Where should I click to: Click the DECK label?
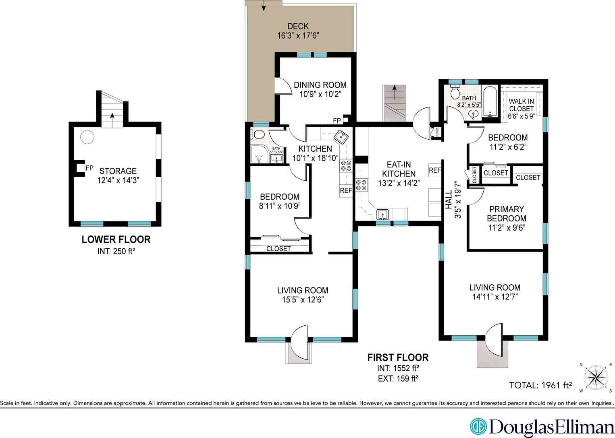point(298,27)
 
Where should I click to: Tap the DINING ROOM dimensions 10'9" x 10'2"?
point(320,95)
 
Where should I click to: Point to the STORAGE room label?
point(118,171)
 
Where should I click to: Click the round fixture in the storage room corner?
point(87,137)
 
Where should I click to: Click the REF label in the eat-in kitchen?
point(434,170)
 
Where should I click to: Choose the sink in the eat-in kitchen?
point(382,214)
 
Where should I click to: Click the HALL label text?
point(449,200)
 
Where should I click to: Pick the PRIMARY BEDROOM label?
point(506,214)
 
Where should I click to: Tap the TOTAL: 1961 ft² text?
point(540,385)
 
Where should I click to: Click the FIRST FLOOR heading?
point(397,357)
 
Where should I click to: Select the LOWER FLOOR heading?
point(116,240)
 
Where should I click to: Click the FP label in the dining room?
point(337,121)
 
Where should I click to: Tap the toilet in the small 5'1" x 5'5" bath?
point(258,134)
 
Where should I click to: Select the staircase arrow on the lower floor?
point(112,115)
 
